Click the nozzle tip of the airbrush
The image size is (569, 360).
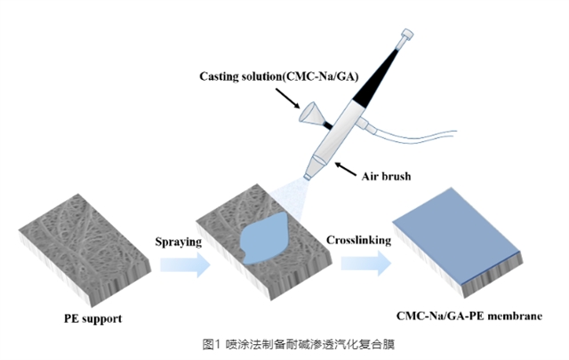point(308,178)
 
